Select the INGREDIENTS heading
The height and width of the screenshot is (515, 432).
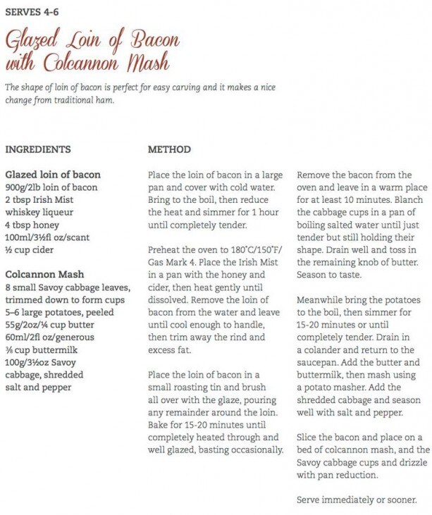click(x=38, y=150)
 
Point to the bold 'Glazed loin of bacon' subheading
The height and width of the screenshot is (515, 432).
click(x=53, y=174)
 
